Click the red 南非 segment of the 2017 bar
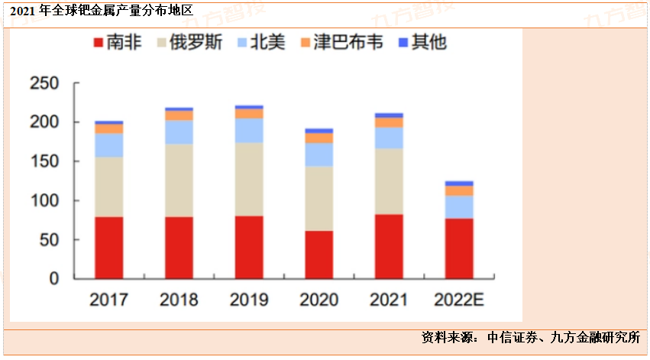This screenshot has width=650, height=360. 109,248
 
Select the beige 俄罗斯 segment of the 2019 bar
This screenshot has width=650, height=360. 249,179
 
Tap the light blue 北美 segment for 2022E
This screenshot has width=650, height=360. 459,206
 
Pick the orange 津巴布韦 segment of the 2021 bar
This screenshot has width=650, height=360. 389,122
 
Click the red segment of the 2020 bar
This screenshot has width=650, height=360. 319,255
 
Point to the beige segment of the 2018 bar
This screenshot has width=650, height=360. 179,180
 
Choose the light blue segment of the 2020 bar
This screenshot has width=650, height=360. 319,154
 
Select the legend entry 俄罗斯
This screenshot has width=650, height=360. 189,43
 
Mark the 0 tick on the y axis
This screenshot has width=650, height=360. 53,279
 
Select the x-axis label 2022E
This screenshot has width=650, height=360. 459,300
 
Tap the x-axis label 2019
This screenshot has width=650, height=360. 249,300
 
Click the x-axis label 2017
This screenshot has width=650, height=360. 109,300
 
